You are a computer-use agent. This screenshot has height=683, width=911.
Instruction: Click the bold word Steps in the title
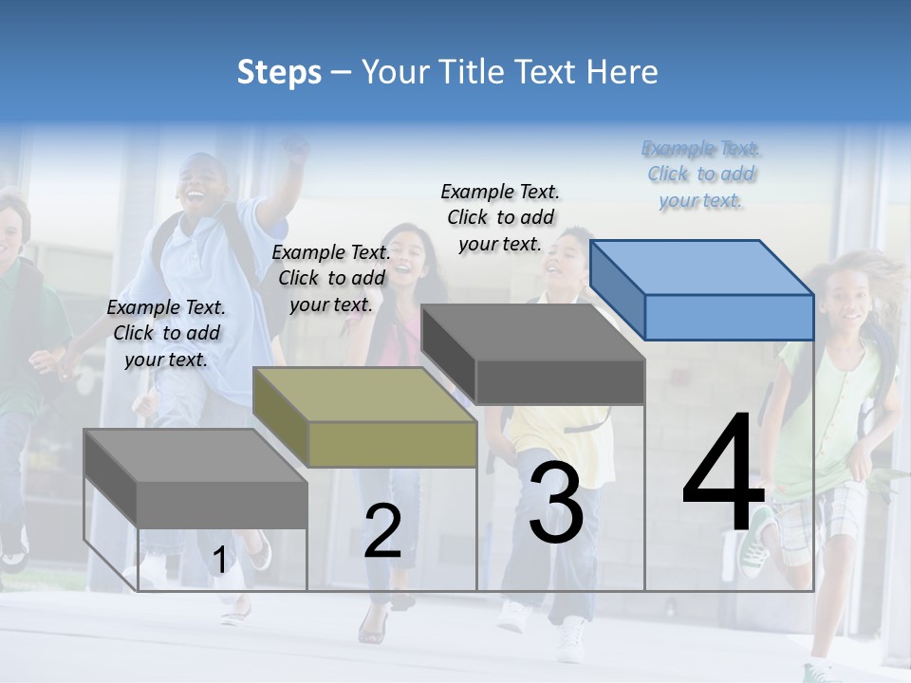point(278,72)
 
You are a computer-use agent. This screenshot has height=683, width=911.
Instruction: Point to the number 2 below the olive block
point(382,531)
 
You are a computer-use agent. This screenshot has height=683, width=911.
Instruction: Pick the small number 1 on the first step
point(219,561)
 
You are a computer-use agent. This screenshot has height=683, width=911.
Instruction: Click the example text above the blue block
point(700,174)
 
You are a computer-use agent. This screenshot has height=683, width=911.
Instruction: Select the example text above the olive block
point(331,278)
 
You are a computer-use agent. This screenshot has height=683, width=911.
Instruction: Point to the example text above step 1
point(166,333)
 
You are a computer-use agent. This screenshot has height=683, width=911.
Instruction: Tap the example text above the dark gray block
point(500,217)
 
